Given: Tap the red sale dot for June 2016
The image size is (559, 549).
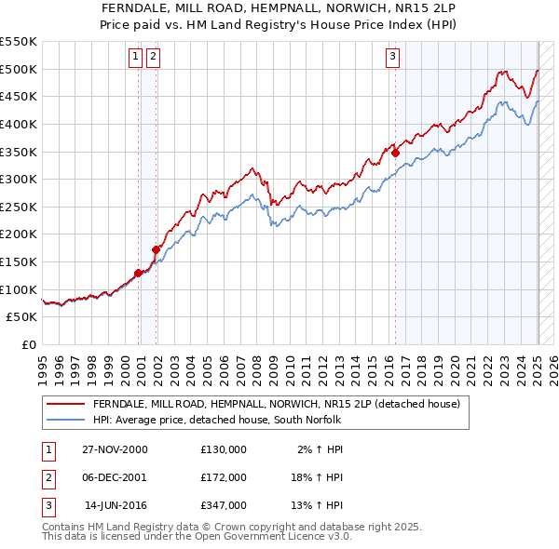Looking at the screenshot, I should (395, 153).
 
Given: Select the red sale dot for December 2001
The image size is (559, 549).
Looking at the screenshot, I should (157, 249).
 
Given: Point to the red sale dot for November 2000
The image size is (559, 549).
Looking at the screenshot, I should (139, 273).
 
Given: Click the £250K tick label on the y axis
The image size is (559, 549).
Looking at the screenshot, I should (19, 207).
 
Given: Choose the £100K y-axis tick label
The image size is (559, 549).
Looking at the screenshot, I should (19, 289).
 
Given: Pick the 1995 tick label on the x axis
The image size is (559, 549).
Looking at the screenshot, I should (42, 368).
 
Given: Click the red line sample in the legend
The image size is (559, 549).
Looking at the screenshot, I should (66, 404).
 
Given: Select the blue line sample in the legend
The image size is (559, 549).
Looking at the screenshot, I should (66, 420).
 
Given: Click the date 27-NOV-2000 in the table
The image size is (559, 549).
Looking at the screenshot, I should (115, 449).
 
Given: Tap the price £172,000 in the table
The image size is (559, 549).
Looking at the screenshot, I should (224, 477).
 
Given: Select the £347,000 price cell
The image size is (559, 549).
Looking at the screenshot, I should (224, 505).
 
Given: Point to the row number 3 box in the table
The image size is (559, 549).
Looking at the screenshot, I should (47, 505).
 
